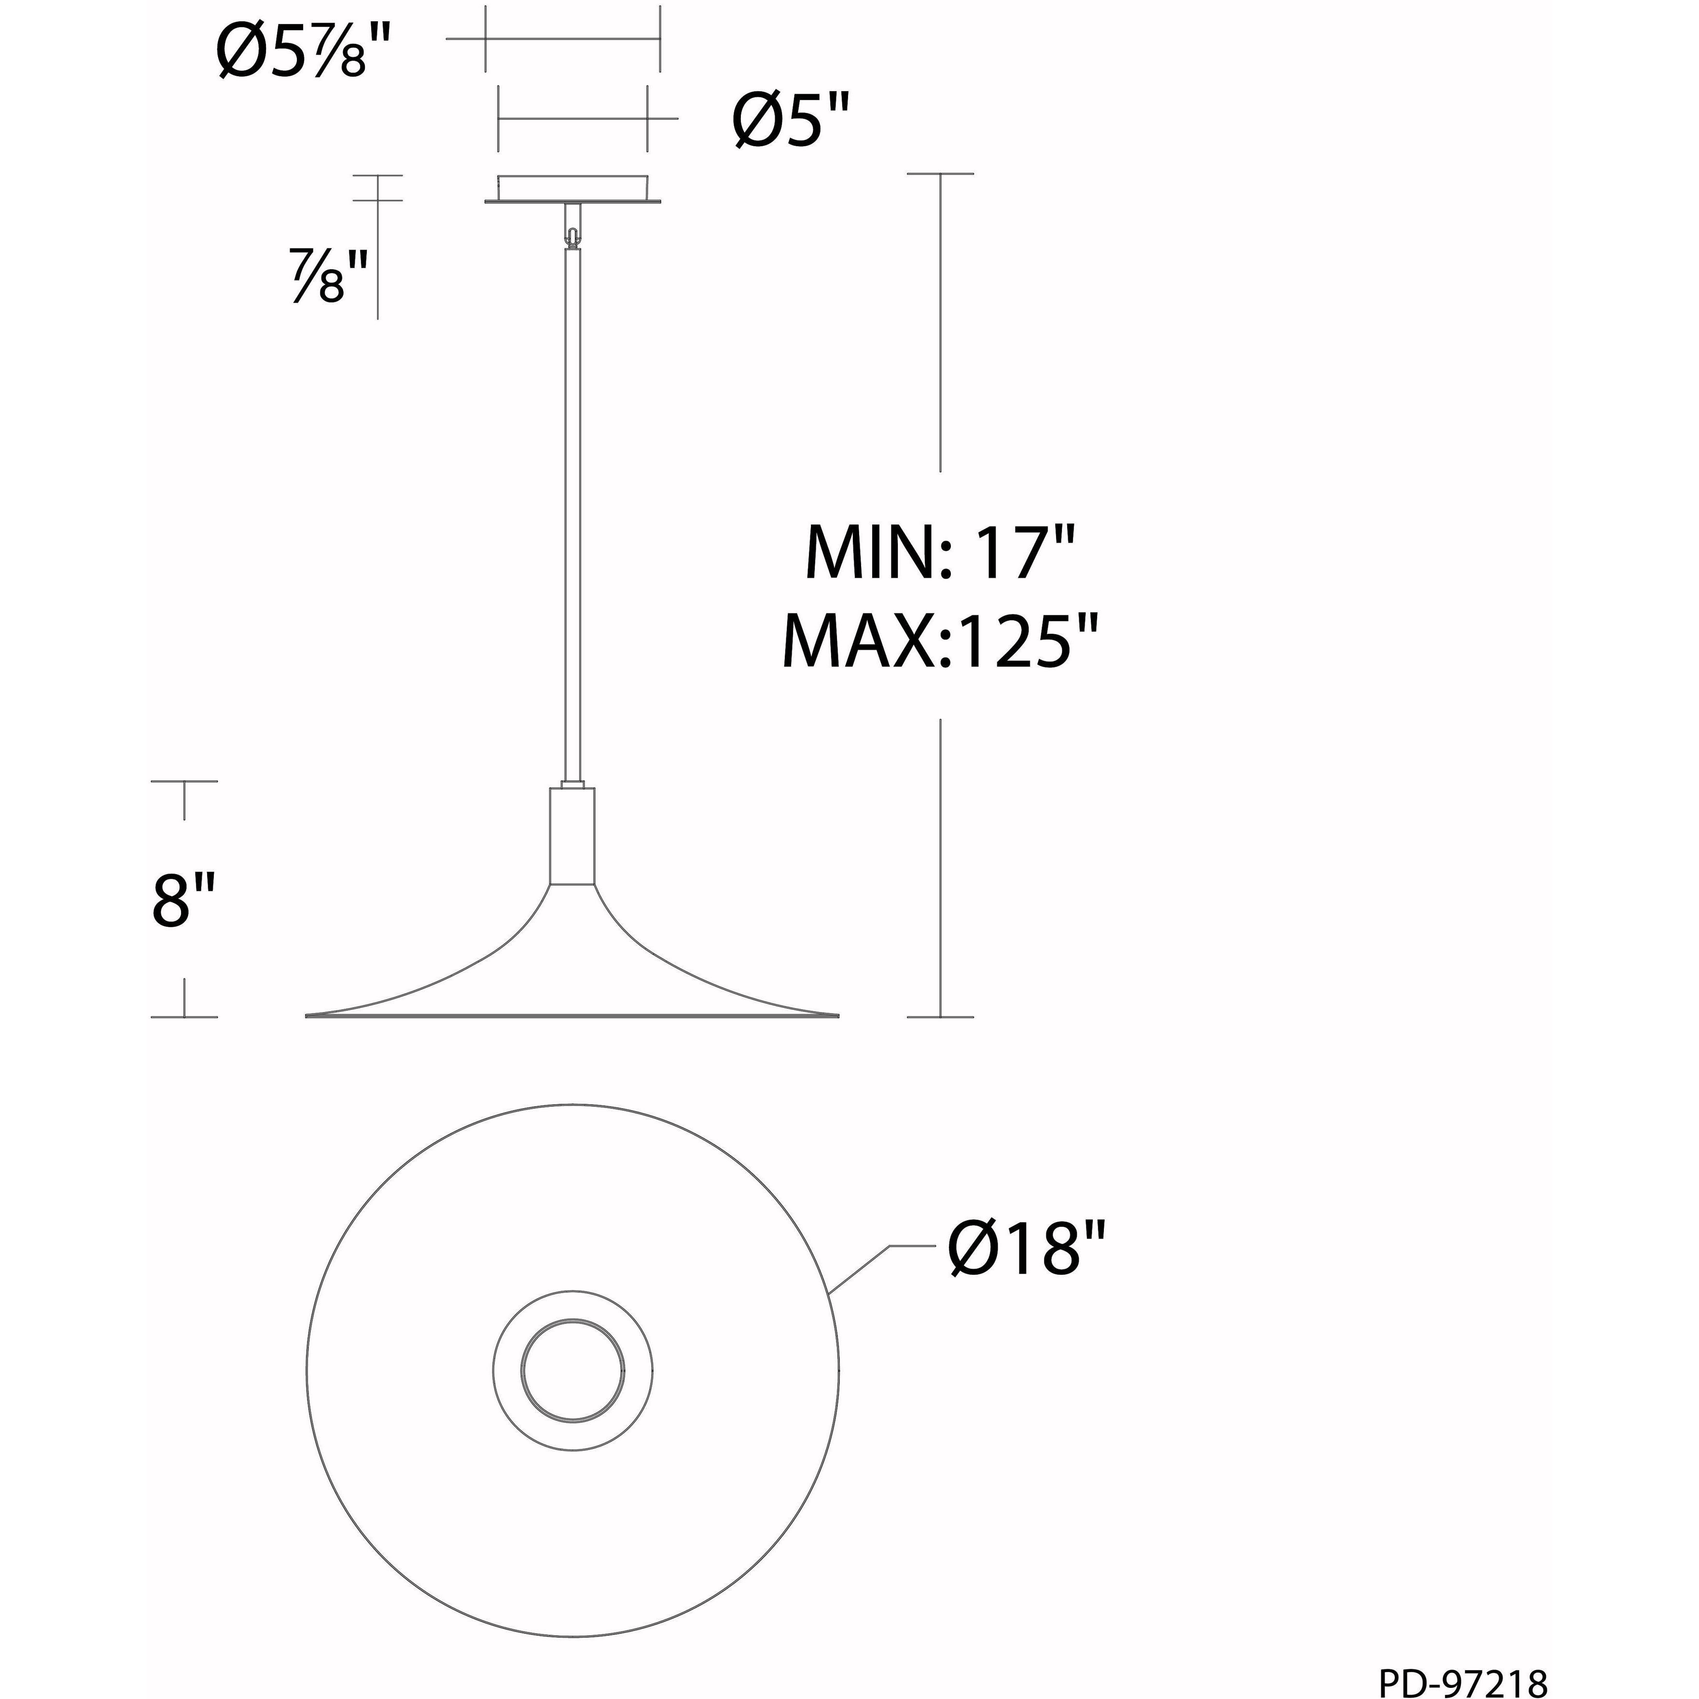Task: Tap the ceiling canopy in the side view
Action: pos(572,189)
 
